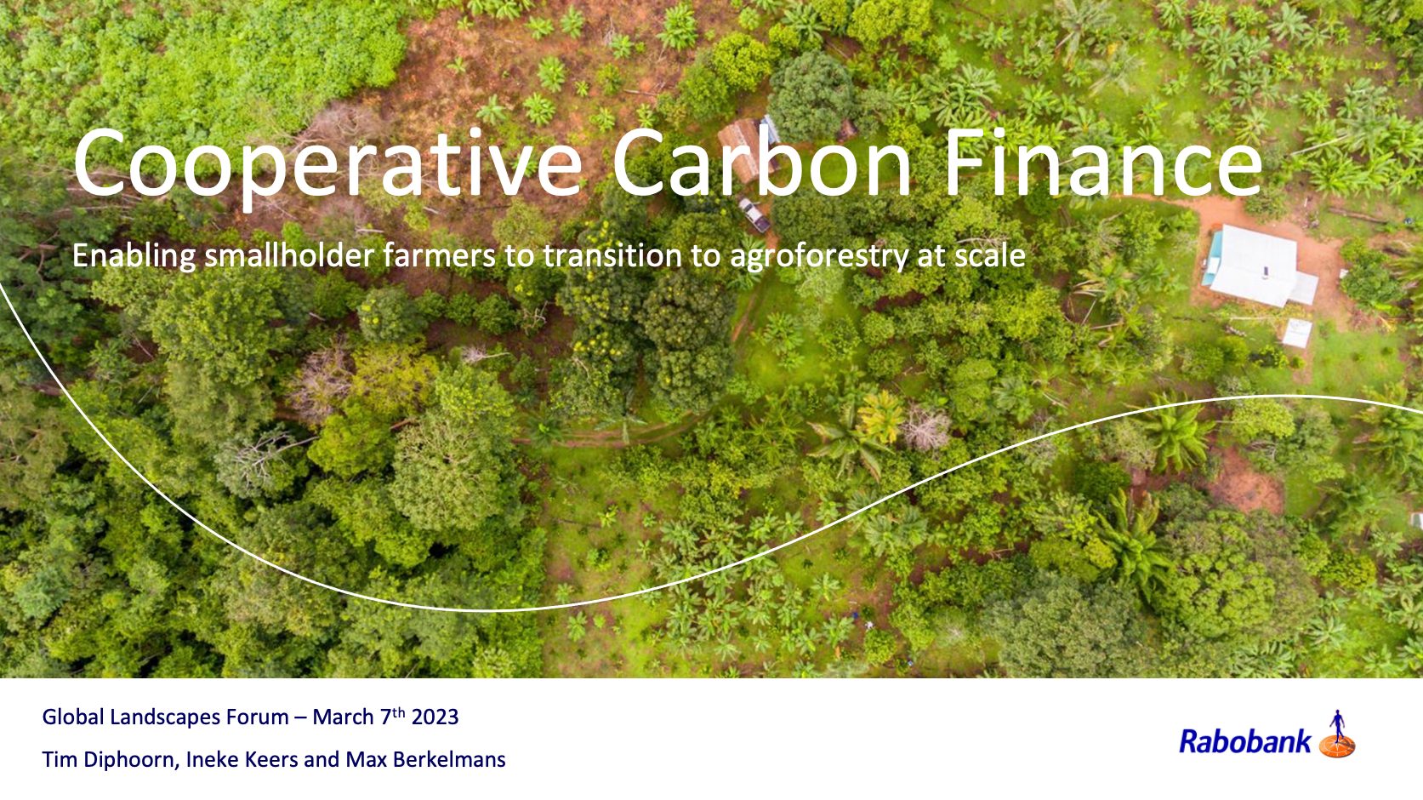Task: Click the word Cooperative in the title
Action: pyautogui.click(x=327, y=164)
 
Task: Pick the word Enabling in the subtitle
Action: pyautogui.click(x=134, y=257)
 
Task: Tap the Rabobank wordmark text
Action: pyautogui.click(x=1244, y=741)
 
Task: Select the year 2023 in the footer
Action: pyautogui.click(x=435, y=717)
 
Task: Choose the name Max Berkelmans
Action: pyautogui.click(x=425, y=760)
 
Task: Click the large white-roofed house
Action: pyautogui.click(x=1259, y=265)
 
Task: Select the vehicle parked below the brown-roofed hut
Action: pyautogui.click(x=754, y=214)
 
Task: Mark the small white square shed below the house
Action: pyautogui.click(x=1297, y=334)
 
